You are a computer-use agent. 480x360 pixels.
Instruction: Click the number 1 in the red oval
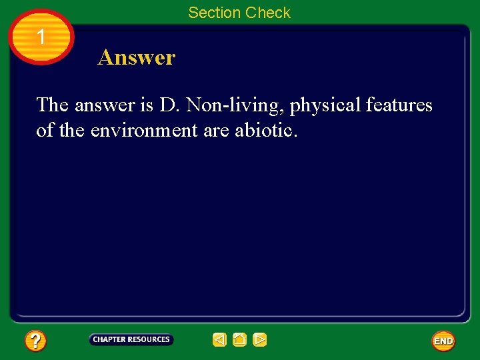click(x=41, y=37)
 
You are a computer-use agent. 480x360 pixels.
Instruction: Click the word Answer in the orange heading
click(x=137, y=58)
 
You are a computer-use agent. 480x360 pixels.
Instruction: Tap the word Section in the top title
click(x=215, y=13)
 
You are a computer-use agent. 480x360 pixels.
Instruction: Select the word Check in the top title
click(x=268, y=13)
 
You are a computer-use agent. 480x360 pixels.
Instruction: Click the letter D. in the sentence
click(x=167, y=105)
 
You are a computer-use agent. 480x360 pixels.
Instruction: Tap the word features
click(x=399, y=105)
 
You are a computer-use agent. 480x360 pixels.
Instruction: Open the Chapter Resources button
click(x=131, y=340)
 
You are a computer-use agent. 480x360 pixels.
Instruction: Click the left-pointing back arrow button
click(x=220, y=340)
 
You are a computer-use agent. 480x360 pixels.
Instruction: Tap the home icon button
click(x=239, y=340)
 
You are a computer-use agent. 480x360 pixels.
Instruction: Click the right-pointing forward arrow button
click(x=260, y=340)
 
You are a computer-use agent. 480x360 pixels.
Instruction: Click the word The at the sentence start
click(x=52, y=105)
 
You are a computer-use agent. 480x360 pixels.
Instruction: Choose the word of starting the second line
click(x=45, y=130)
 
